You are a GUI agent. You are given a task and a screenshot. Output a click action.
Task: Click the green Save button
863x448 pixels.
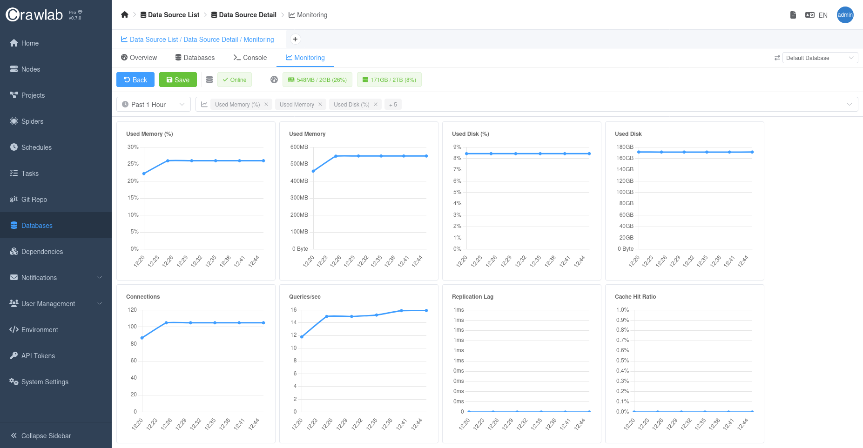tap(178, 80)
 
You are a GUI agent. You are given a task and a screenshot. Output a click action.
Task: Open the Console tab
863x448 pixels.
tap(250, 58)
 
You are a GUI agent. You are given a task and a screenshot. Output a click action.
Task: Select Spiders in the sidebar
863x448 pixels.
tap(32, 121)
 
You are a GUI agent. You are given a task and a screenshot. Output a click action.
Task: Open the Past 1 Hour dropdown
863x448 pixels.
tap(153, 105)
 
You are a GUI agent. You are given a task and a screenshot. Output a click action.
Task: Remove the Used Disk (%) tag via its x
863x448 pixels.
tap(376, 104)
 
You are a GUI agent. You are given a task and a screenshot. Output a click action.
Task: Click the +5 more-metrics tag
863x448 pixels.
tap(393, 105)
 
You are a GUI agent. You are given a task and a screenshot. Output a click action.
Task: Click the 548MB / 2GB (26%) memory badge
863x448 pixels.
tap(317, 80)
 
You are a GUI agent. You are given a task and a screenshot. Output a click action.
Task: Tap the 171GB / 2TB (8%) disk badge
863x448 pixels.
tap(389, 80)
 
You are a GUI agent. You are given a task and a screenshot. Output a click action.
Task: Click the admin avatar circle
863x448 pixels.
tap(845, 15)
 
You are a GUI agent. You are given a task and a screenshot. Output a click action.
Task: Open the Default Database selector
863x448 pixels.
tap(820, 58)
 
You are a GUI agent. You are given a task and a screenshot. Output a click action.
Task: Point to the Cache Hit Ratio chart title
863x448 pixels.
tap(635, 297)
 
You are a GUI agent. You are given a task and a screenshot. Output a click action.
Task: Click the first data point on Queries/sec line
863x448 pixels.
tap(302, 337)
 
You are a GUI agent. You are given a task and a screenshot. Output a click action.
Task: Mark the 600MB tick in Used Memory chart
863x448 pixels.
tap(299, 147)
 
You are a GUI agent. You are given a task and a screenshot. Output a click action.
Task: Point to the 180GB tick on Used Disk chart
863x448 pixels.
tap(625, 147)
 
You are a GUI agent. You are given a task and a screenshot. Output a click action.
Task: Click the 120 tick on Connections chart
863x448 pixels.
tap(132, 310)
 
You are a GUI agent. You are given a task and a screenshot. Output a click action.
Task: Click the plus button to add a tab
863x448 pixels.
tap(295, 39)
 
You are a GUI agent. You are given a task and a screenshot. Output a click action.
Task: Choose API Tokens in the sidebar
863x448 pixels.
tap(38, 356)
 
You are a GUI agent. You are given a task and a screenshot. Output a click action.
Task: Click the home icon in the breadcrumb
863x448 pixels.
tap(124, 15)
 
